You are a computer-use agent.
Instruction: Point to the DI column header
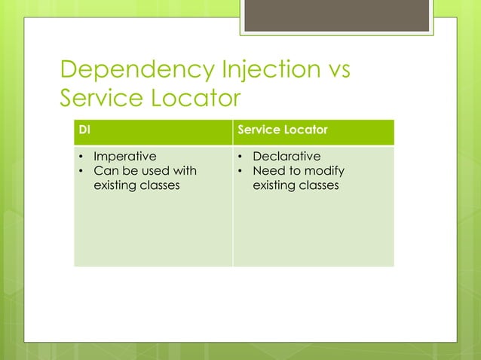coord(85,130)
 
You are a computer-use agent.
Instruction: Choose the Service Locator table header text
coord(282,130)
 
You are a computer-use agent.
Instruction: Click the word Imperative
coord(124,157)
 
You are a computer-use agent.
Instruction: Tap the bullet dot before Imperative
coord(82,157)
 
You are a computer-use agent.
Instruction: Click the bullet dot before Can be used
coord(82,172)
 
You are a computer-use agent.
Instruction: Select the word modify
coord(324,171)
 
